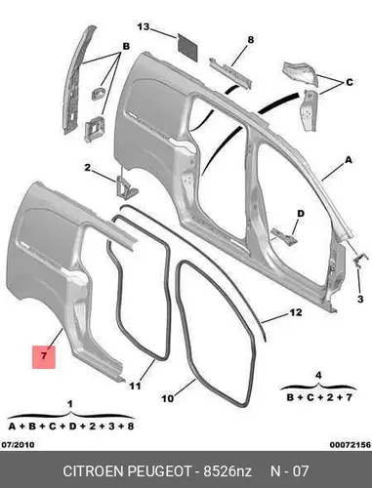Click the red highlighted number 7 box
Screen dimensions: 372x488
[44, 357]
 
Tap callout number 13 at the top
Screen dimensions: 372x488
[144, 26]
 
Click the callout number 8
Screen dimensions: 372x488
[250, 40]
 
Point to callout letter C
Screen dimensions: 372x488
[350, 82]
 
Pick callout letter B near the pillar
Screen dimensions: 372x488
[126, 47]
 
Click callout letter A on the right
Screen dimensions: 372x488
[349, 160]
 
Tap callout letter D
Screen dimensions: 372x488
[301, 214]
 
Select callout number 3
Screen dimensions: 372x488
[360, 299]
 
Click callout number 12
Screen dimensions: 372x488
[296, 312]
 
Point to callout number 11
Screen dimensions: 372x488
[135, 386]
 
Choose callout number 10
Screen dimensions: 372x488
[167, 398]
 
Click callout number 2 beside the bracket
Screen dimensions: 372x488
[87, 168]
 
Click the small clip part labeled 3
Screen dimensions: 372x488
[359, 261]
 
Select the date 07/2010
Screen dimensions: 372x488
[18, 444]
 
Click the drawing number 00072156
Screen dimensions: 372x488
[351, 445]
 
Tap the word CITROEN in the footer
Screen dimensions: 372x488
[93, 471]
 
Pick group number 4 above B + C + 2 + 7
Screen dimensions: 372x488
[318, 376]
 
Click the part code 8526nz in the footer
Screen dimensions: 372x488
[227, 471]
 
